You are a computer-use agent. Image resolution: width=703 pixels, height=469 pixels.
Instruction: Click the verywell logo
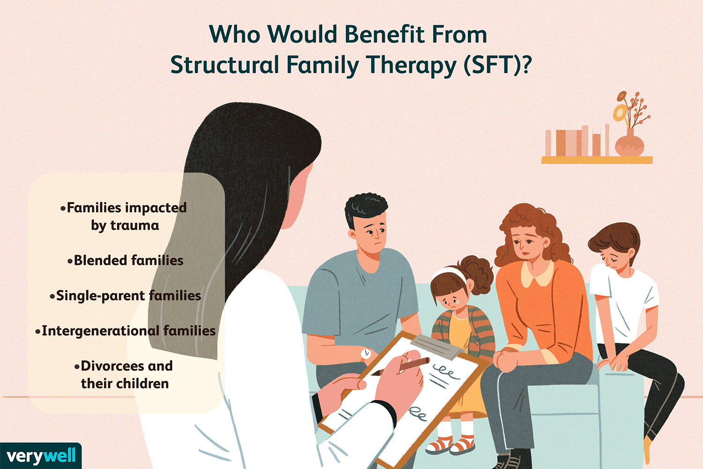pyautogui.click(x=41, y=456)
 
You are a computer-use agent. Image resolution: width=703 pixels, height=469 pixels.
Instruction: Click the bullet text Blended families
pyautogui.click(x=126, y=260)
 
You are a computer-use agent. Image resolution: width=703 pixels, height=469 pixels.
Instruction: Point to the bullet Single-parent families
pyautogui.click(x=126, y=296)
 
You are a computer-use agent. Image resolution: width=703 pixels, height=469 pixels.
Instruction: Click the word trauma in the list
pyautogui.click(x=135, y=226)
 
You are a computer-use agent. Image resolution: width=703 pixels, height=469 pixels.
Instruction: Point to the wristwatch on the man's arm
pyautogui.click(x=366, y=354)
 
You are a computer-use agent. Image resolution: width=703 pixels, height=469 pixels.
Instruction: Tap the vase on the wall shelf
pyautogui.click(x=629, y=143)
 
